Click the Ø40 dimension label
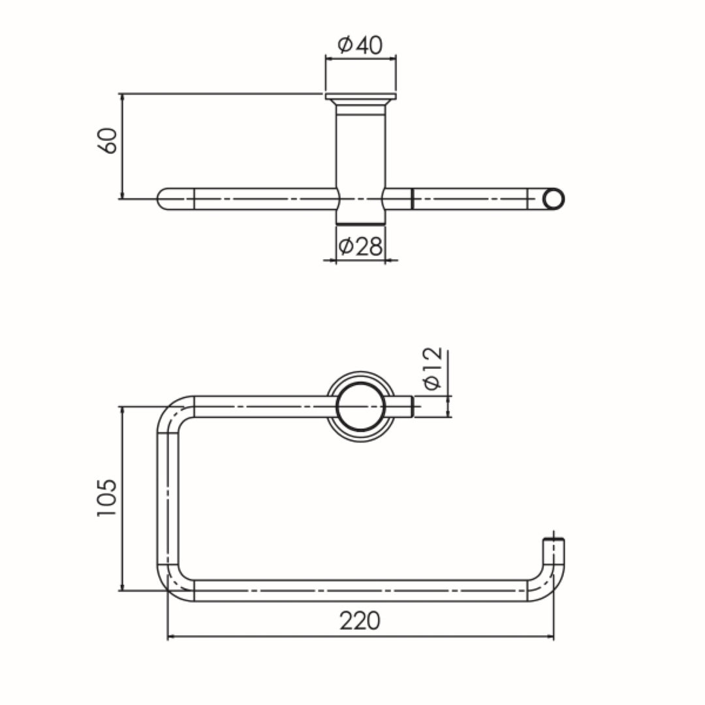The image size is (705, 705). coord(360,45)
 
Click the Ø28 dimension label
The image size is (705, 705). coord(360,245)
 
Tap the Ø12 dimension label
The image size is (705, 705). coord(433,369)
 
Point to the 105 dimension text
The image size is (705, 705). coord(108,497)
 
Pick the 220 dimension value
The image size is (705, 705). coord(360,621)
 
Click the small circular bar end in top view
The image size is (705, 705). coord(553,198)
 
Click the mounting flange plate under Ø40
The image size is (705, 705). coord(360,97)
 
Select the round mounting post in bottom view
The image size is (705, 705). coord(360,407)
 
